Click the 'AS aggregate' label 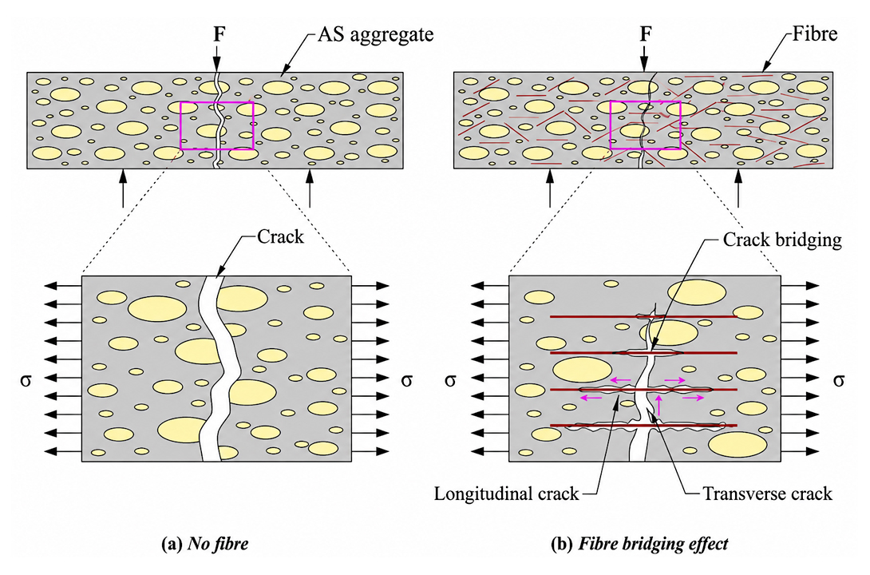pos(375,35)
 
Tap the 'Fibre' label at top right pos(814,34)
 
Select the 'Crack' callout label pos(280,237)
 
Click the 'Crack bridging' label pos(781,240)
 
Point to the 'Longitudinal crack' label pos(506,494)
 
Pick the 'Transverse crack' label pos(767,494)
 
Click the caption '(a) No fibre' pos(205,543)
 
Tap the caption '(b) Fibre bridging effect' pos(639,543)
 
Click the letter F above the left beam pos(219,34)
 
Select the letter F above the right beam pos(645,34)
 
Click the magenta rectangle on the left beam pos(181,125)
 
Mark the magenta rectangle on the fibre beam pos(611,125)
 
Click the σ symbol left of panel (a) pos(26,380)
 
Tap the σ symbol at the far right pos(839,380)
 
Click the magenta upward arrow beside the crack pos(658,405)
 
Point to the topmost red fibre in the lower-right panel pos(643,317)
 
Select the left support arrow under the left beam pos(123,188)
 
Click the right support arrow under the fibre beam pos(738,188)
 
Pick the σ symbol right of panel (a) pos(407,380)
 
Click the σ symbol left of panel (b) pos(450,380)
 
